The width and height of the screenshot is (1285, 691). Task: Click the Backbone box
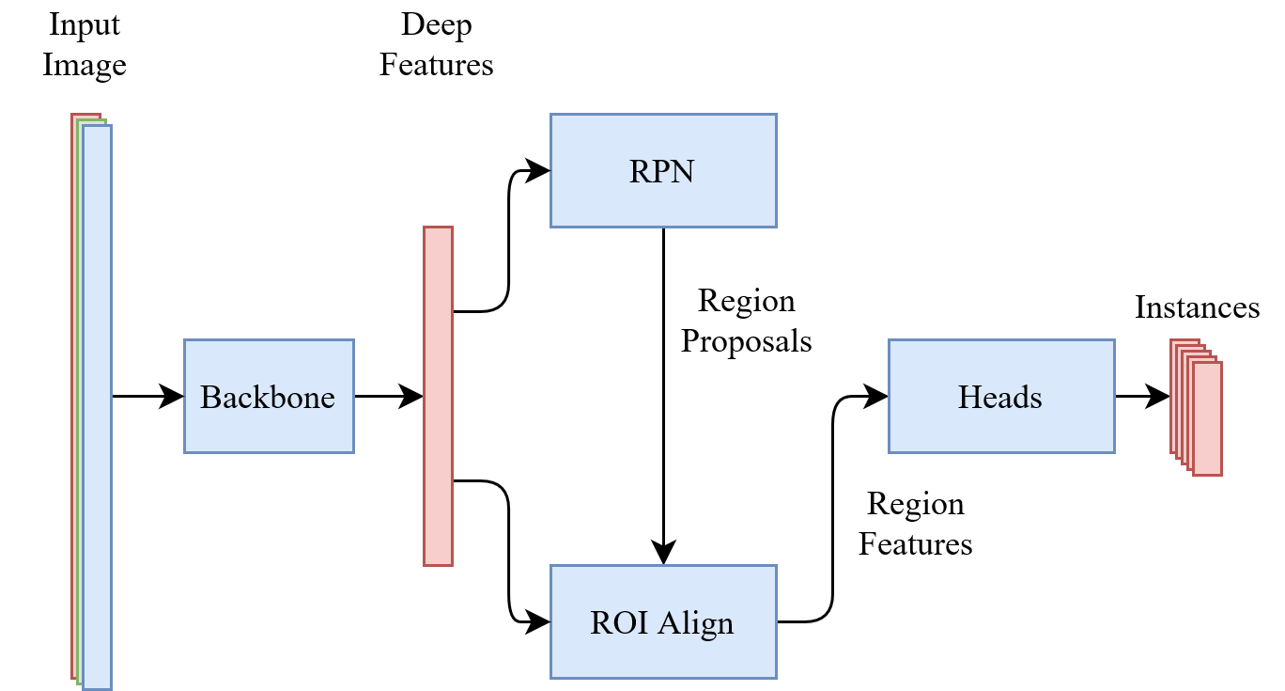coord(269,396)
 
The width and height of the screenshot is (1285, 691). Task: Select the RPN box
coord(664,170)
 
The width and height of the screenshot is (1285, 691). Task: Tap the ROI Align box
coord(664,622)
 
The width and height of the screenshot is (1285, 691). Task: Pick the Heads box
coord(1001,396)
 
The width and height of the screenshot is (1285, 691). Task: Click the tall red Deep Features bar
coord(439,396)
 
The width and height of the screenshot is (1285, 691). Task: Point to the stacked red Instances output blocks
coord(1196,407)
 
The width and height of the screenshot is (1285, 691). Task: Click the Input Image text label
coord(85,44)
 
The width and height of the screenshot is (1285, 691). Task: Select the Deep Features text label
coord(437,44)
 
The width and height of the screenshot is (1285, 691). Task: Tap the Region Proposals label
coord(747,321)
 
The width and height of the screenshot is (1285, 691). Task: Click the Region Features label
coord(916,524)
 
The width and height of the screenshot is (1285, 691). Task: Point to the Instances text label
coord(1198,307)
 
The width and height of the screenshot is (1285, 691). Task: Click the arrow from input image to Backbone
coord(148,396)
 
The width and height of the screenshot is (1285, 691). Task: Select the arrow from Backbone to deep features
coord(389,396)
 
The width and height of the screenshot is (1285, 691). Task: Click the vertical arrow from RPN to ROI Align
coord(664,396)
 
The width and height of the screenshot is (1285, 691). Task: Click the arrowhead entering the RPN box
coord(538,170)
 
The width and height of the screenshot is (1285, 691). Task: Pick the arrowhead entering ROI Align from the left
coord(538,622)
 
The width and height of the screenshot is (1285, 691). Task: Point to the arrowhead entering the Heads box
coord(876,396)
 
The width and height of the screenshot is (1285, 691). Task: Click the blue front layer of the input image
coord(98,407)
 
